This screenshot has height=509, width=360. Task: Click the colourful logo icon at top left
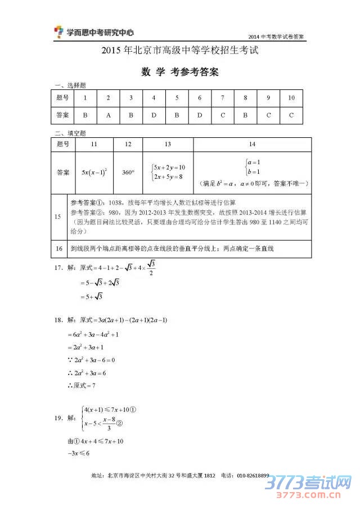click(x=58, y=33)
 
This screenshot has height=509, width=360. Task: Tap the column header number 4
click(x=154, y=98)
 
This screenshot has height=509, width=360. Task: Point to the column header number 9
click(x=268, y=98)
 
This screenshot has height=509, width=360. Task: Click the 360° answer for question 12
click(x=128, y=172)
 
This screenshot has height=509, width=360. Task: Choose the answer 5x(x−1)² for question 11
click(x=94, y=172)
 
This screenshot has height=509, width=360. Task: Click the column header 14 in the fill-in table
click(x=251, y=145)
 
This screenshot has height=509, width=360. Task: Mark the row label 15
click(x=58, y=217)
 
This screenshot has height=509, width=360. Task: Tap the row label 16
click(x=58, y=249)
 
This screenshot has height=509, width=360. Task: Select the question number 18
click(x=58, y=320)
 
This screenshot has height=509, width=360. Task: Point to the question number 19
click(x=58, y=418)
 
